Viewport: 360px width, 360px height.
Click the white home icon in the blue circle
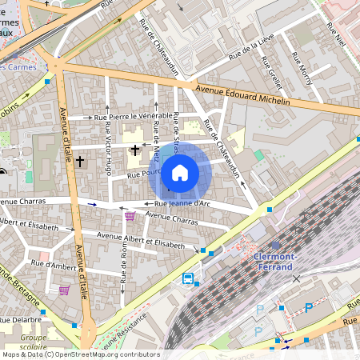click(180, 172)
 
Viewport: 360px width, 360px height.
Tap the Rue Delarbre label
click(22, 318)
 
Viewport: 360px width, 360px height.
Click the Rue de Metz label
click(155, 135)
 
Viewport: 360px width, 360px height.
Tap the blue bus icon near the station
click(188, 279)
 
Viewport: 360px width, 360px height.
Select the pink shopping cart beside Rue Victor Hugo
click(130, 216)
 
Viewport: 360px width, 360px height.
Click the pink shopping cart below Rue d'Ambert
click(63, 290)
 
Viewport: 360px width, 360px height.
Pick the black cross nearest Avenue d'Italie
click(79, 162)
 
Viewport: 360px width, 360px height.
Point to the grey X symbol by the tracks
click(297, 278)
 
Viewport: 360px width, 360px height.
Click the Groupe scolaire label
click(34, 342)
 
